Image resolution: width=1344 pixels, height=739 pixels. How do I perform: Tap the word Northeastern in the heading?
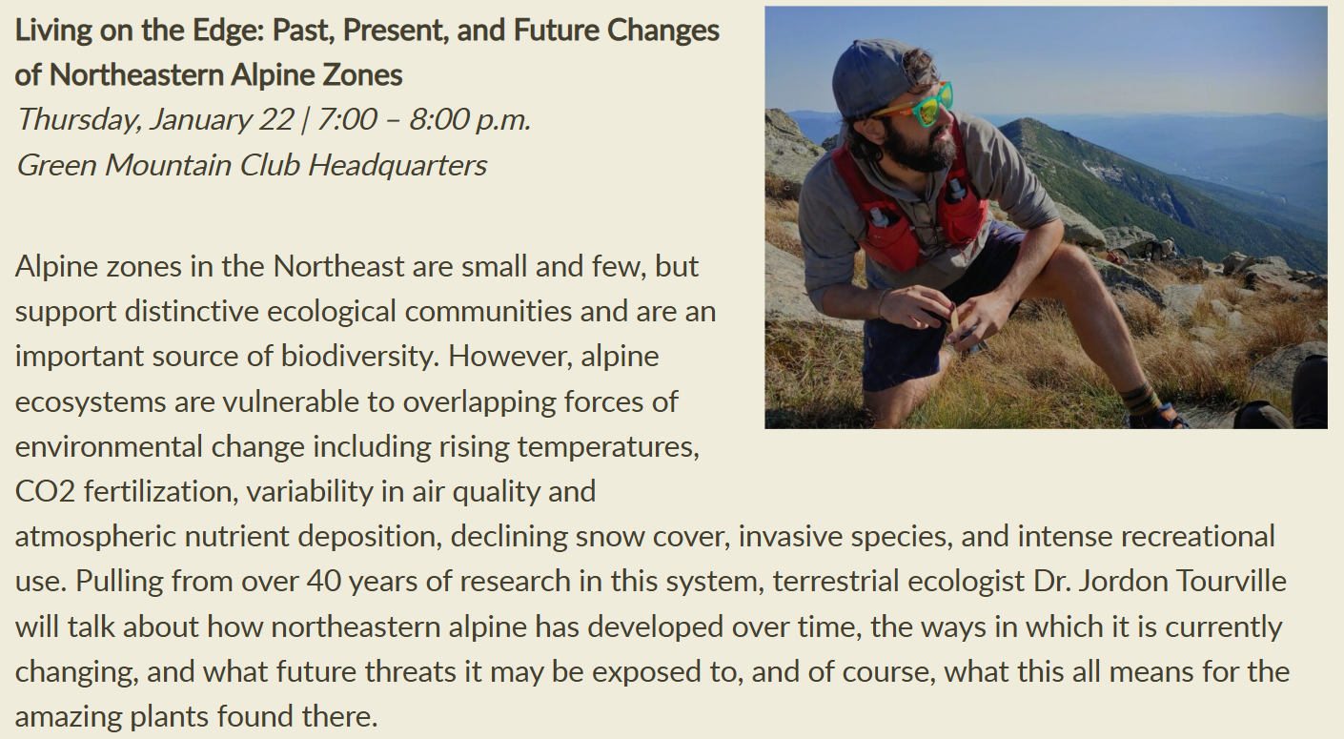tap(136, 75)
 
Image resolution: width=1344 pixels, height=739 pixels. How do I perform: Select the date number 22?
tap(276, 119)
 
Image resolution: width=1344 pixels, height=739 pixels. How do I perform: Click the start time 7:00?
tap(347, 119)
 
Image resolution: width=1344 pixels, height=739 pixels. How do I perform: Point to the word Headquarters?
tap(397, 165)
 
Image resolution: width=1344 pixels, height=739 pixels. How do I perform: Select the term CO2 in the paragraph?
tap(45, 492)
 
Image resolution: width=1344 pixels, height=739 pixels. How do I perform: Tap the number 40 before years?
tap(323, 581)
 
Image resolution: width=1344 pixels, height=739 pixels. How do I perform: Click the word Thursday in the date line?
tap(79, 120)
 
